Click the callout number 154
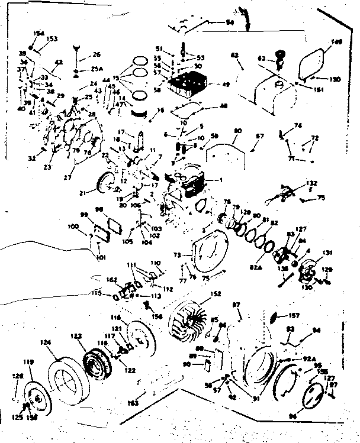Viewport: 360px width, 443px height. coord(39,33)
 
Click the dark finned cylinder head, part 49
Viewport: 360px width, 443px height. coord(188,86)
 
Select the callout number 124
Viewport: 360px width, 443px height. coord(45,341)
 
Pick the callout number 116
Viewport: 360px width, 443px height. coord(115,318)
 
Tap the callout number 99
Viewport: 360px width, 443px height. coord(85,215)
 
